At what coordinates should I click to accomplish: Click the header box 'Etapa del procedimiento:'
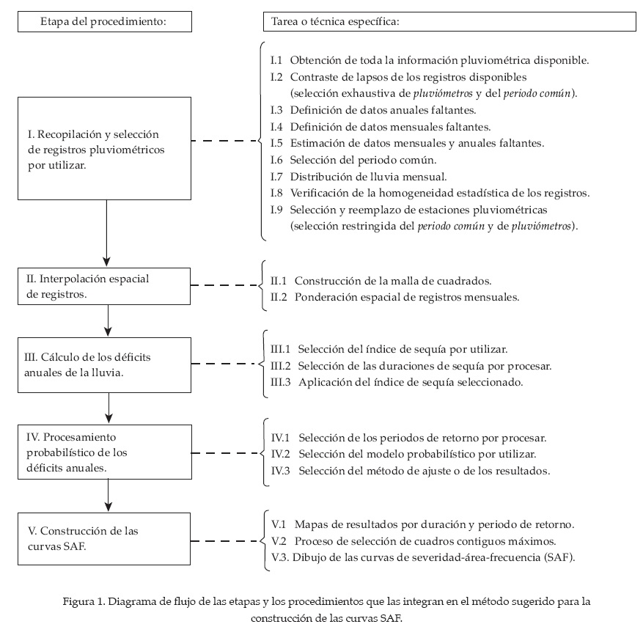(x=104, y=22)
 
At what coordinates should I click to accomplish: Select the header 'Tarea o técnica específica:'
(x=449, y=22)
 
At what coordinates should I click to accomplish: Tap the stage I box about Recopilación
(x=107, y=149)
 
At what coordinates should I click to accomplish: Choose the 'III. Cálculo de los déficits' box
(x=107, y=363)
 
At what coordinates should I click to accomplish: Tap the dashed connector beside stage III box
(x=224, y=363)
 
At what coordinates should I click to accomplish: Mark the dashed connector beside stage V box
(x=224, y=542)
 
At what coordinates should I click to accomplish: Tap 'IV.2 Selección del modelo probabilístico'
(x=408, y=454)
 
